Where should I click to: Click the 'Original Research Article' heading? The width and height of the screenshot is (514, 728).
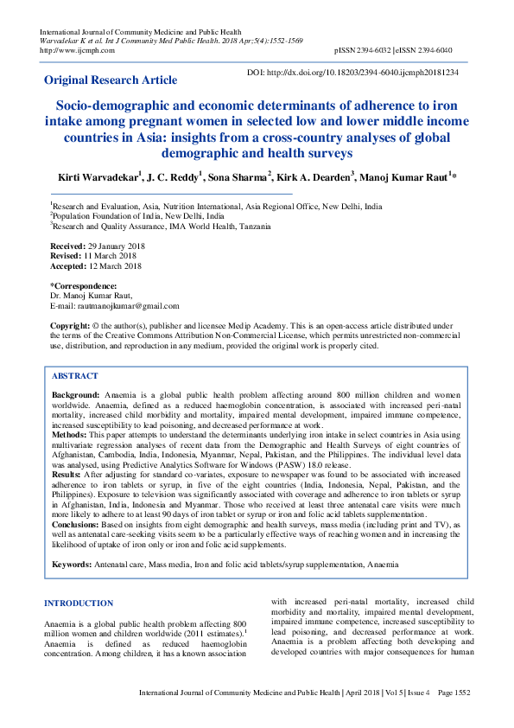pos(111,80)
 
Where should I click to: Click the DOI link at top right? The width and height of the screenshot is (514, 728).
pos(353,73)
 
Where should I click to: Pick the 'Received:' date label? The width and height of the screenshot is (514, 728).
pos(67,246)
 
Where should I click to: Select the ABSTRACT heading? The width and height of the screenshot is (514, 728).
pos(75,377)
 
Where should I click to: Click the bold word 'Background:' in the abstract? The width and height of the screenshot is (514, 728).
pos(76,394)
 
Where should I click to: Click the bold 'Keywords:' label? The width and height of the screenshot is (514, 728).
pos(73,565)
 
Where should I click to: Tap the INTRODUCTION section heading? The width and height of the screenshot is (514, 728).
pos(79,603)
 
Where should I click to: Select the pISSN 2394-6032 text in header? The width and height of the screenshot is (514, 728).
pos(362,50)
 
